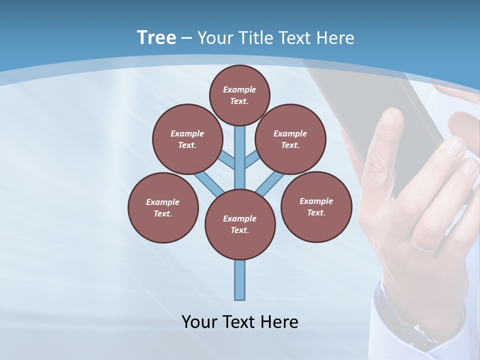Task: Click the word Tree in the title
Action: pyautogui.click(x=156, y=38)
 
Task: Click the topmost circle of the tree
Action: pyautogui.click(x=239, y=95)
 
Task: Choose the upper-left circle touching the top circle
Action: pyautogui.click(x=187, y=139)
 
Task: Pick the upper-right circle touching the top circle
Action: pyautogui.click(x=290, y=139)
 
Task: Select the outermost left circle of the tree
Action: pyautogui.click(x=163, y=207)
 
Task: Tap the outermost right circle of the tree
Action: pyautogui.click(x=316, y=206)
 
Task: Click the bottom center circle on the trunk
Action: pyautogui.click(x=240, y=224)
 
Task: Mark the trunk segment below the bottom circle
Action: pyautogui.click(x=240, y=280)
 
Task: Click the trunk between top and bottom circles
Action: pyautogui.click(x=240, y=157)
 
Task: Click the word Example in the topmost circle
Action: pyautogui.click(x=239, y=89)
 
